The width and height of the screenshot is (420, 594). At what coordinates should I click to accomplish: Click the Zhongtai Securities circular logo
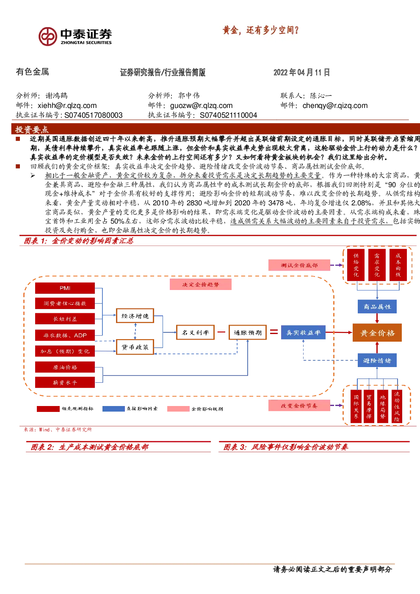[x=48, y=36]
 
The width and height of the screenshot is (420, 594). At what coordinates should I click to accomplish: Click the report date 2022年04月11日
[x=301, y=72]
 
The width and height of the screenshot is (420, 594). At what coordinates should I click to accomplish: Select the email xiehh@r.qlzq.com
[x=67, y=105]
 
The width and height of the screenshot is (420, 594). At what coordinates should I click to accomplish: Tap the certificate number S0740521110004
[x=228, y=115]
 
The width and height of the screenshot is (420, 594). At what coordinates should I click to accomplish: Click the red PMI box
[x=65, y=288]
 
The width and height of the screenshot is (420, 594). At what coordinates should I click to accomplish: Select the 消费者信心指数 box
[x=65, y=304]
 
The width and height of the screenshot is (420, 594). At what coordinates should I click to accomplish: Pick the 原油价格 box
[x=65, y=367]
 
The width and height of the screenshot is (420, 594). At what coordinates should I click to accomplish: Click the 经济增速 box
[x=135, y=315]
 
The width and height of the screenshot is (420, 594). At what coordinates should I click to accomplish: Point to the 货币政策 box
[x=135, y=347]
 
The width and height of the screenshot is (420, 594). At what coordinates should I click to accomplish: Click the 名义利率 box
[x=196, y=332]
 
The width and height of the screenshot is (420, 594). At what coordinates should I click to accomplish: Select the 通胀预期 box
[x=248, y=332]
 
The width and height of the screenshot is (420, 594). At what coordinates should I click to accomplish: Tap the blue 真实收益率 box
[x=303, y=332]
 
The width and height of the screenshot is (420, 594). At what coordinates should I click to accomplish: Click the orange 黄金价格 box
[x=377, y=332]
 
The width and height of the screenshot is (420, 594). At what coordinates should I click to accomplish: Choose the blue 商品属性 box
[x=377, y=307]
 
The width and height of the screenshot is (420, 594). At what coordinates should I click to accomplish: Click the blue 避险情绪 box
[x=377, y=360]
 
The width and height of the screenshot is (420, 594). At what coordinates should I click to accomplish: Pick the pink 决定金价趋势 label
[x=200, y=284]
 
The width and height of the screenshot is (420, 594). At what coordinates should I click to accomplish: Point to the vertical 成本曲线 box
[x=398, y=265]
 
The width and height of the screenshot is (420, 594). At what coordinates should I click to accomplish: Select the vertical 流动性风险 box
[x=397, y=406]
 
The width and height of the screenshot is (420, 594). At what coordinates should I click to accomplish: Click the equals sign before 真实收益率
[x=274, y=332]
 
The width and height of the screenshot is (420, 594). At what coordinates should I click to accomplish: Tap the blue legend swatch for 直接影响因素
[x=113, y=409]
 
